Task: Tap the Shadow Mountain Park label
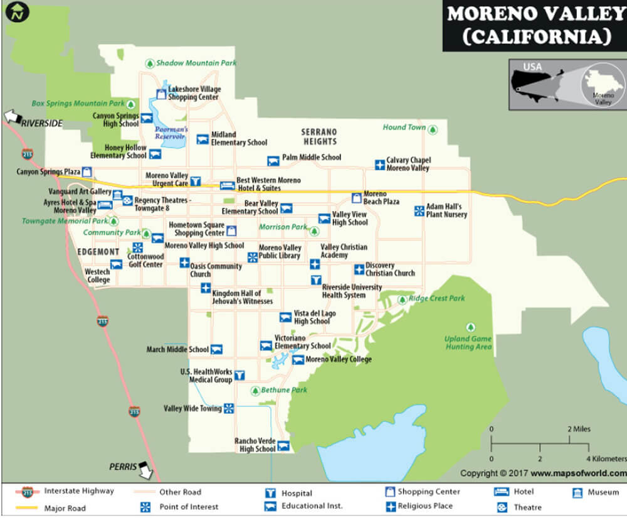pos(196,63)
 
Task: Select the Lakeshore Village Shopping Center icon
pos(161,94)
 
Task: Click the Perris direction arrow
pos(146,469)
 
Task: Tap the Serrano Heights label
pos(319,136)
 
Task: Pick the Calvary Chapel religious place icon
pos(379,165)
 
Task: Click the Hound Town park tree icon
pos(432,128)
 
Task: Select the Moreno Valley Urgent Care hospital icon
pos(196,181)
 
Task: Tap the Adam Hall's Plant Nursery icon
pos(419,211)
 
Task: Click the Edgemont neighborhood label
pos(98,252)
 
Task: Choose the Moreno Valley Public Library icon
pos(252,257)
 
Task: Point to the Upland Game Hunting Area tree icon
pos(470,327)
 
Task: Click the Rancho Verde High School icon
pos(283,446)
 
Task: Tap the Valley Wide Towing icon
pos(229,409)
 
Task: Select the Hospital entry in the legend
pos(297,494)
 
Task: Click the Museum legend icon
pos(577,492)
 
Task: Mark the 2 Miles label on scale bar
pos(579,430)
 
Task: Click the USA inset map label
pos(532,67)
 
